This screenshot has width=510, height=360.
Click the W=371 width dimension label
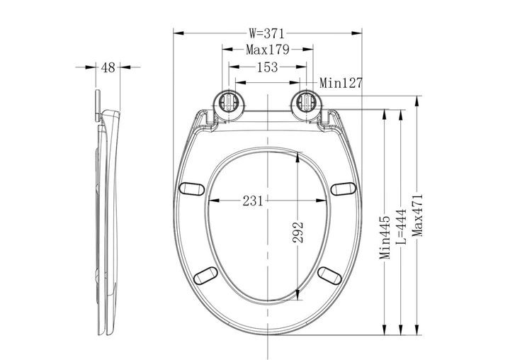[266, 33]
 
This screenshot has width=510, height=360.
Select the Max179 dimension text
[267, 50]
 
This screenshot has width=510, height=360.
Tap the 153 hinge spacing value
[267, 67]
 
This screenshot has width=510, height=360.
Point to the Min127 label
[341, 83]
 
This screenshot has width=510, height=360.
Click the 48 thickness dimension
[108, 68]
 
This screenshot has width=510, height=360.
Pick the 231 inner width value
[253, 201]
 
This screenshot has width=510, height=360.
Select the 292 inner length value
[298, 232]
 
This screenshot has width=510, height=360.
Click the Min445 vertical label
[385, 237]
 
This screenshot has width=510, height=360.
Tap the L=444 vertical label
[401, 227]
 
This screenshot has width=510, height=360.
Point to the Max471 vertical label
[417, 215]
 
